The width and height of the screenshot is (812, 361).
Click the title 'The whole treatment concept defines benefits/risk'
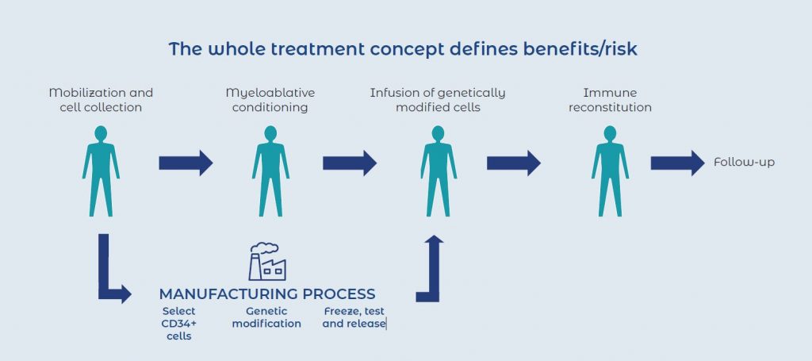pos(403,49)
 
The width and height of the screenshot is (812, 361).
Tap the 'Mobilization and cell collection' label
pos(101,100)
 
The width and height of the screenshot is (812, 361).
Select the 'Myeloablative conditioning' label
pos(270,100)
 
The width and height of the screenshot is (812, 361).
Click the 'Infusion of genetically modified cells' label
pos(438,100)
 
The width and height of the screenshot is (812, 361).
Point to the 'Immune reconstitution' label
pos(610,100)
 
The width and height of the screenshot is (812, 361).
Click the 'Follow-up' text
pos(744,163)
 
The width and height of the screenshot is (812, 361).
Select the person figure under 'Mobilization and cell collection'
pos(101,170)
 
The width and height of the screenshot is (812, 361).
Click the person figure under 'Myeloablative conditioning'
pos(270,170)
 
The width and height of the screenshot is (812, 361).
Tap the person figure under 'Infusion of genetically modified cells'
pos(438,170)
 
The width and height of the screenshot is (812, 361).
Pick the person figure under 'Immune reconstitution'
pos(610,170)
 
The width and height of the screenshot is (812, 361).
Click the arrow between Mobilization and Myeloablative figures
pos(186,163)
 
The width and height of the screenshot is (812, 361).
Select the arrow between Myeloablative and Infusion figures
pos(349,163)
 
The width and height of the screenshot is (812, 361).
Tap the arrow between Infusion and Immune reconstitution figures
pos(513,163)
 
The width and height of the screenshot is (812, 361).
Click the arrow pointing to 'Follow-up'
pos(677,163)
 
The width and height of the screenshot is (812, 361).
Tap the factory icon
pos(267,261)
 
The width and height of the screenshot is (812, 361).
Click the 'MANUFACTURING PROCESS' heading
pos(267,294)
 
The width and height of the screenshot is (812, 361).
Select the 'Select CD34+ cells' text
pos(178,324)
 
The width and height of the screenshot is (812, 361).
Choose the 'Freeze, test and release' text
pos(354,317)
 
